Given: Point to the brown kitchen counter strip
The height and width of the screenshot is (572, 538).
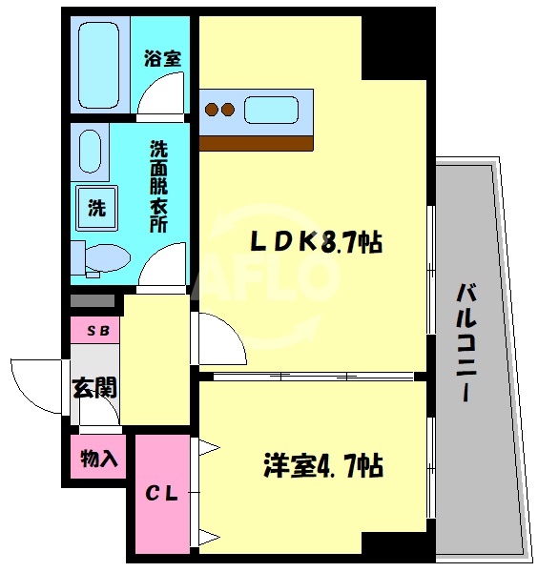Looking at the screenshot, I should [256, 143].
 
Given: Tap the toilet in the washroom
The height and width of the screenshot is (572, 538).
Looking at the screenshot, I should [102, 257].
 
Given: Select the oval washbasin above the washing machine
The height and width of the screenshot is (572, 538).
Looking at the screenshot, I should [91, 152].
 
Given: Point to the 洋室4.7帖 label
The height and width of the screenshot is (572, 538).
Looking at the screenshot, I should [323, 467].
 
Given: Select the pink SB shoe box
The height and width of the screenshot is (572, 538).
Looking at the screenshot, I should [96, 331].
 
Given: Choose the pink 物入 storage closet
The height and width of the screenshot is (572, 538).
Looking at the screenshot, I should [98, 459].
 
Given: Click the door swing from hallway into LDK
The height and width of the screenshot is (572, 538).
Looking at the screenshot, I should [221, 338].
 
